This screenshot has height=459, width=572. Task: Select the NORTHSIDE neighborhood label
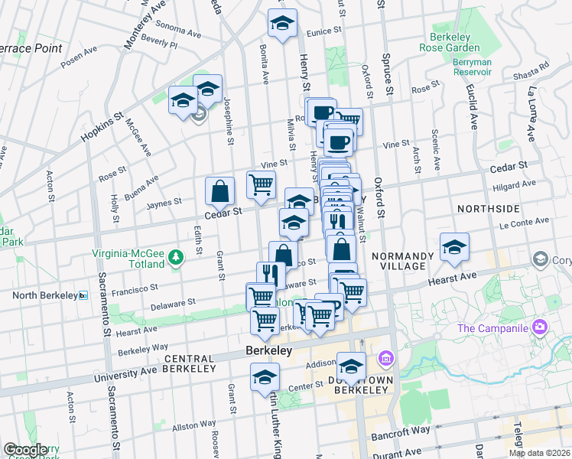[488, 208]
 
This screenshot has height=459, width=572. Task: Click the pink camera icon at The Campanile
[541, 327]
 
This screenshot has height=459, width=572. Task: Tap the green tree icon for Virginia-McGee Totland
[176, 256]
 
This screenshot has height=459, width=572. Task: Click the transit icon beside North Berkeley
[83, 295]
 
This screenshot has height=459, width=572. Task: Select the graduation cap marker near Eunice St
[282, 24]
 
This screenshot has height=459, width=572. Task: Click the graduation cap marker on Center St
[265, 377]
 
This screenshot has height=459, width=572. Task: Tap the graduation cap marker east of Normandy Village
[454, 247]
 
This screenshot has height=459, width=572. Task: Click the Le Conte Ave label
[525, 223]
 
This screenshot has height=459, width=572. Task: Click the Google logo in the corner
[26, 449]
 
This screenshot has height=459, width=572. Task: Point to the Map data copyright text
[539, 453]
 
